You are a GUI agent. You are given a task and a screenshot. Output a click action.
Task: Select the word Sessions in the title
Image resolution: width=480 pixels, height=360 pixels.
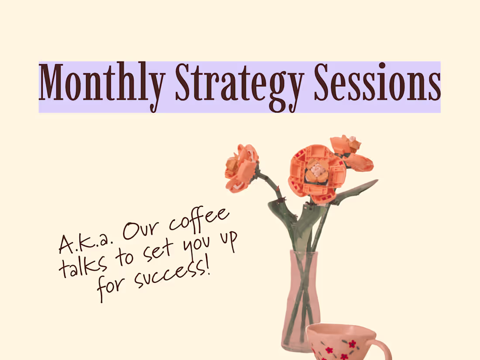coord(377,83)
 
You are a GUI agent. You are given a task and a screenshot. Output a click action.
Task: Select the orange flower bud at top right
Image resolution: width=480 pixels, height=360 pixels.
coord(349,151)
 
